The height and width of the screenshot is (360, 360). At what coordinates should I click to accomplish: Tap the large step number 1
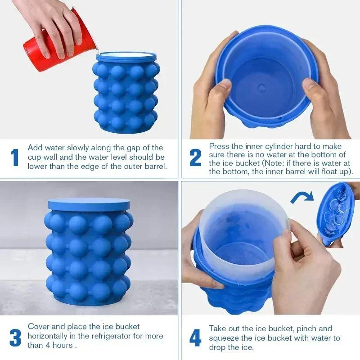pos(15,157)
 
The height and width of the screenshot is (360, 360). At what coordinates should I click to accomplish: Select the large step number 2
pos(195,157)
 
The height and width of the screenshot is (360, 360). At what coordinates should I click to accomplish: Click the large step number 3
pos(15,337)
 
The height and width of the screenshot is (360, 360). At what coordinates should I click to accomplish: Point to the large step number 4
pos(195,337)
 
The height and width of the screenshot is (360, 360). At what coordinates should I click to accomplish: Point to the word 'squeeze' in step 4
pos(223,338)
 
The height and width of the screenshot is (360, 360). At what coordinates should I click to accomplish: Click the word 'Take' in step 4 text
pos(218,328)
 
